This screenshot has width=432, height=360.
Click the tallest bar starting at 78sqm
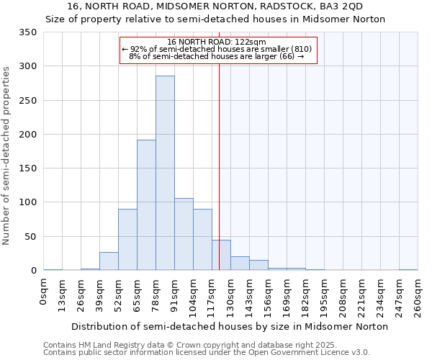click(x=165, y=173)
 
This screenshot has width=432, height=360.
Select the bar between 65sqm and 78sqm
click(x=146, y=205)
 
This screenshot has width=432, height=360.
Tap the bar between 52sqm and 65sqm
click(x=127, y=240)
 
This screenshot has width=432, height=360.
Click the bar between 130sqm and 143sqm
click(x=240, y=264)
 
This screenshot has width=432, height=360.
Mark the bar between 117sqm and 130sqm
click(x=221, y=256)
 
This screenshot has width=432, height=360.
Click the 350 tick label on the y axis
click(x=28, y=32)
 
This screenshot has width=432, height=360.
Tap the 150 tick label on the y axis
click(x=28, y=168)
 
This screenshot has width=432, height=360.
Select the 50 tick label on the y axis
click(x=31, y=236)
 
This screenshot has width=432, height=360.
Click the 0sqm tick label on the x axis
click(x=44, y=292)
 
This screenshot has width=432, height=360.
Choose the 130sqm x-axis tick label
click(x=230, y=296)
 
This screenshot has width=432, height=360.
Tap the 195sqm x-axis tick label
click(x=324, y=296)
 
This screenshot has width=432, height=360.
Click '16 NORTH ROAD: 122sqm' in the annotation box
click(x=216, y=42)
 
